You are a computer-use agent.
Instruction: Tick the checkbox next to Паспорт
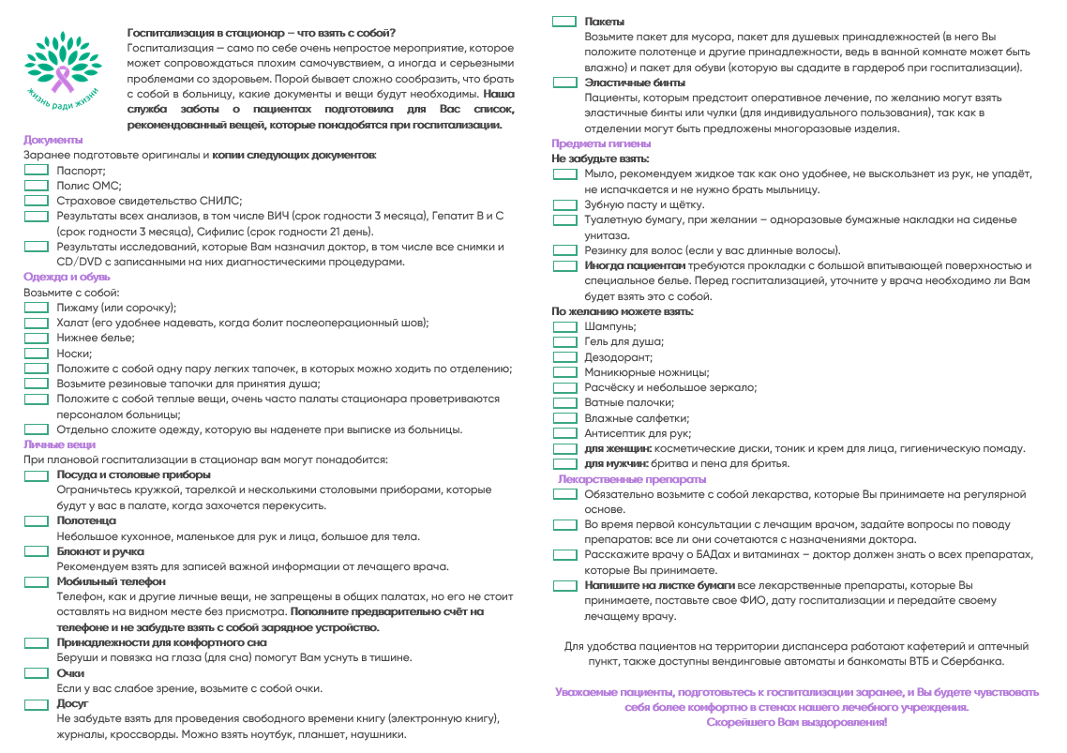[36, 171]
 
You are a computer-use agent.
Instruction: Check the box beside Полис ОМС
[36, 186]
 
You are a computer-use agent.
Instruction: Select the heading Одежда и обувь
[67, 277]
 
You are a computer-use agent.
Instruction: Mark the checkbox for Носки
[36, 354]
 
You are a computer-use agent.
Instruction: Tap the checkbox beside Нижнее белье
[36, 338]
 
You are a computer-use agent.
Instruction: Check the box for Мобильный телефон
[36, 581]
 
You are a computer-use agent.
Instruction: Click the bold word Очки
[70, 673]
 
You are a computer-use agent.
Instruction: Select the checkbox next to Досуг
[36, 703]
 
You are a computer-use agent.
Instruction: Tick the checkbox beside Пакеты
[564, 21]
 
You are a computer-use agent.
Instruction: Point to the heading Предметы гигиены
[601, 143]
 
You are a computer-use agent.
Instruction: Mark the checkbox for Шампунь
[564, 326]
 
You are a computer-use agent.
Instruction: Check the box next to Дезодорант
[564, 357]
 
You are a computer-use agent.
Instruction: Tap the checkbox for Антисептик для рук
[564, 433]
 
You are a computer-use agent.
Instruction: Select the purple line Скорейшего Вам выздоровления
[796, 722]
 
